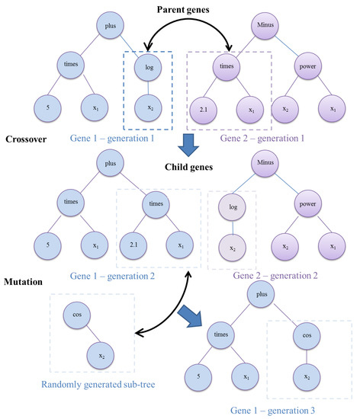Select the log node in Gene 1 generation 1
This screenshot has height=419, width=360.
tap(149, 66)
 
